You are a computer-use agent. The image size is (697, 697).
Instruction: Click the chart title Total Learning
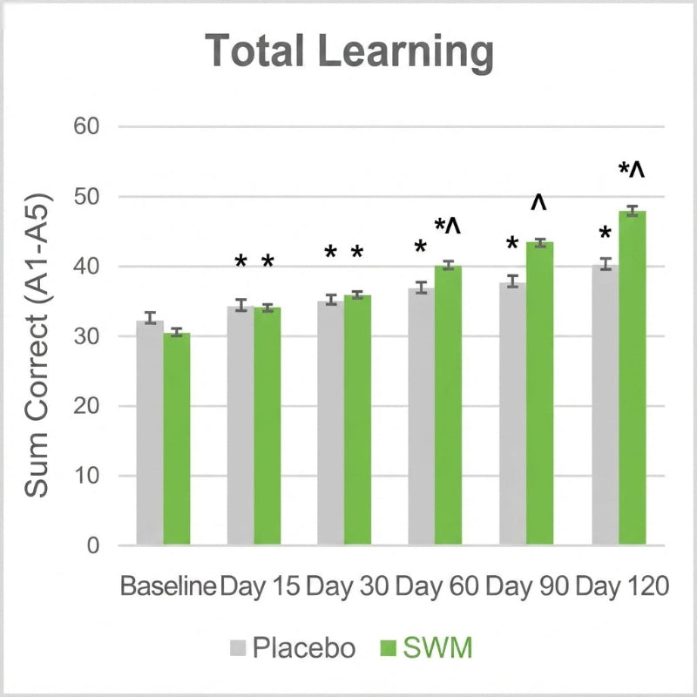[x=349, y=52]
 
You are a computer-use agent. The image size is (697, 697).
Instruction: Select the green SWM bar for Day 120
[x=633, y=378]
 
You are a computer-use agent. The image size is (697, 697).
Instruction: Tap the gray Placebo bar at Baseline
[x=150, y=433]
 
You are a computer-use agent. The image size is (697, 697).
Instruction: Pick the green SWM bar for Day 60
[x=448, y=405]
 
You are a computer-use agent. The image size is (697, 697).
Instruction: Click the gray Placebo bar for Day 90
[x=512, y=414]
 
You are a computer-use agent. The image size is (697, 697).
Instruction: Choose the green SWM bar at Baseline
[x=177, y=439]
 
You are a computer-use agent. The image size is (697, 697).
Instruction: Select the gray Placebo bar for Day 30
[x=331, y=423]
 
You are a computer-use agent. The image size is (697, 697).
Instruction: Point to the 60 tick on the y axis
[x=86, y=126]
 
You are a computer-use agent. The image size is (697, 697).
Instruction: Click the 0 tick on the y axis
[x=93, y=545]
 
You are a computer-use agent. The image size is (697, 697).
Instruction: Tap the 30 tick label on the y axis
[x=86, y=336]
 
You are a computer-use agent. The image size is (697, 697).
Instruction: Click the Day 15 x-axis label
[x=260, y=587]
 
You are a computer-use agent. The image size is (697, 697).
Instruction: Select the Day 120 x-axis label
[x=622, y=586]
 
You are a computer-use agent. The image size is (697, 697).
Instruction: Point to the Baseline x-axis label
[x=168, y=586]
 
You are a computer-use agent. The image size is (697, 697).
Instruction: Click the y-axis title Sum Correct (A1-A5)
[x=37, y=345]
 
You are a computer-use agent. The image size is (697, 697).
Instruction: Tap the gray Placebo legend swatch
[x=238, y=647]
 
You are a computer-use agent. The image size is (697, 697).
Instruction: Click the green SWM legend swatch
[x=388, y=647]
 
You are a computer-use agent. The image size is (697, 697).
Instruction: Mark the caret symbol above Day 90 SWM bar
[x=538, y=202]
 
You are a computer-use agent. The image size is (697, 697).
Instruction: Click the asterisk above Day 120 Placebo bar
[x=605, y=233]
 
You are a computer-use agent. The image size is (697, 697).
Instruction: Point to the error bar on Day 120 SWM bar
[x=633, y=211]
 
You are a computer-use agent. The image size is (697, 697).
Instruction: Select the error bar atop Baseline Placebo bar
[x=150, y=318]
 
